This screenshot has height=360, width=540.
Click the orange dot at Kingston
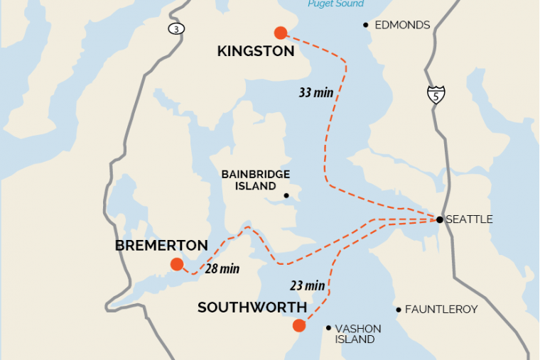[280, 32]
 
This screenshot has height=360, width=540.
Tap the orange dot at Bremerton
[176, 265]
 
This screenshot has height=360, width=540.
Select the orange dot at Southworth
[298, 326]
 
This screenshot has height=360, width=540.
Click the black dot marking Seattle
[440, 219]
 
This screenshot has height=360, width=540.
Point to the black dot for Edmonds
[366, 25]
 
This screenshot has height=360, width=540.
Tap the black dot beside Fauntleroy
[399, 310]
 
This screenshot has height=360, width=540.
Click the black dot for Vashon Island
[328, 328]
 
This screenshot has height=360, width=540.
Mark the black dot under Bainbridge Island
[286, 196]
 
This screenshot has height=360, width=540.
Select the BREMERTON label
[161, 246]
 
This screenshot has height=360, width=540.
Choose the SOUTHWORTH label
[252, 307]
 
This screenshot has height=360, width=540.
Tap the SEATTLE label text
[469, 219]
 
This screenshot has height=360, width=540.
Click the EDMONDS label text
[402, 25]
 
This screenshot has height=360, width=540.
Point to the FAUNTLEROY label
[441, 310]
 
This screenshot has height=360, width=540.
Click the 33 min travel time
[315, 92]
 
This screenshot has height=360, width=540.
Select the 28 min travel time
[222, 269]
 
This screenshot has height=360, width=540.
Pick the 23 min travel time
[308, 286]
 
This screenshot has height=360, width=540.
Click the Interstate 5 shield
[436, 94]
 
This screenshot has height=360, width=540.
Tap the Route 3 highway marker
[174, 28]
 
